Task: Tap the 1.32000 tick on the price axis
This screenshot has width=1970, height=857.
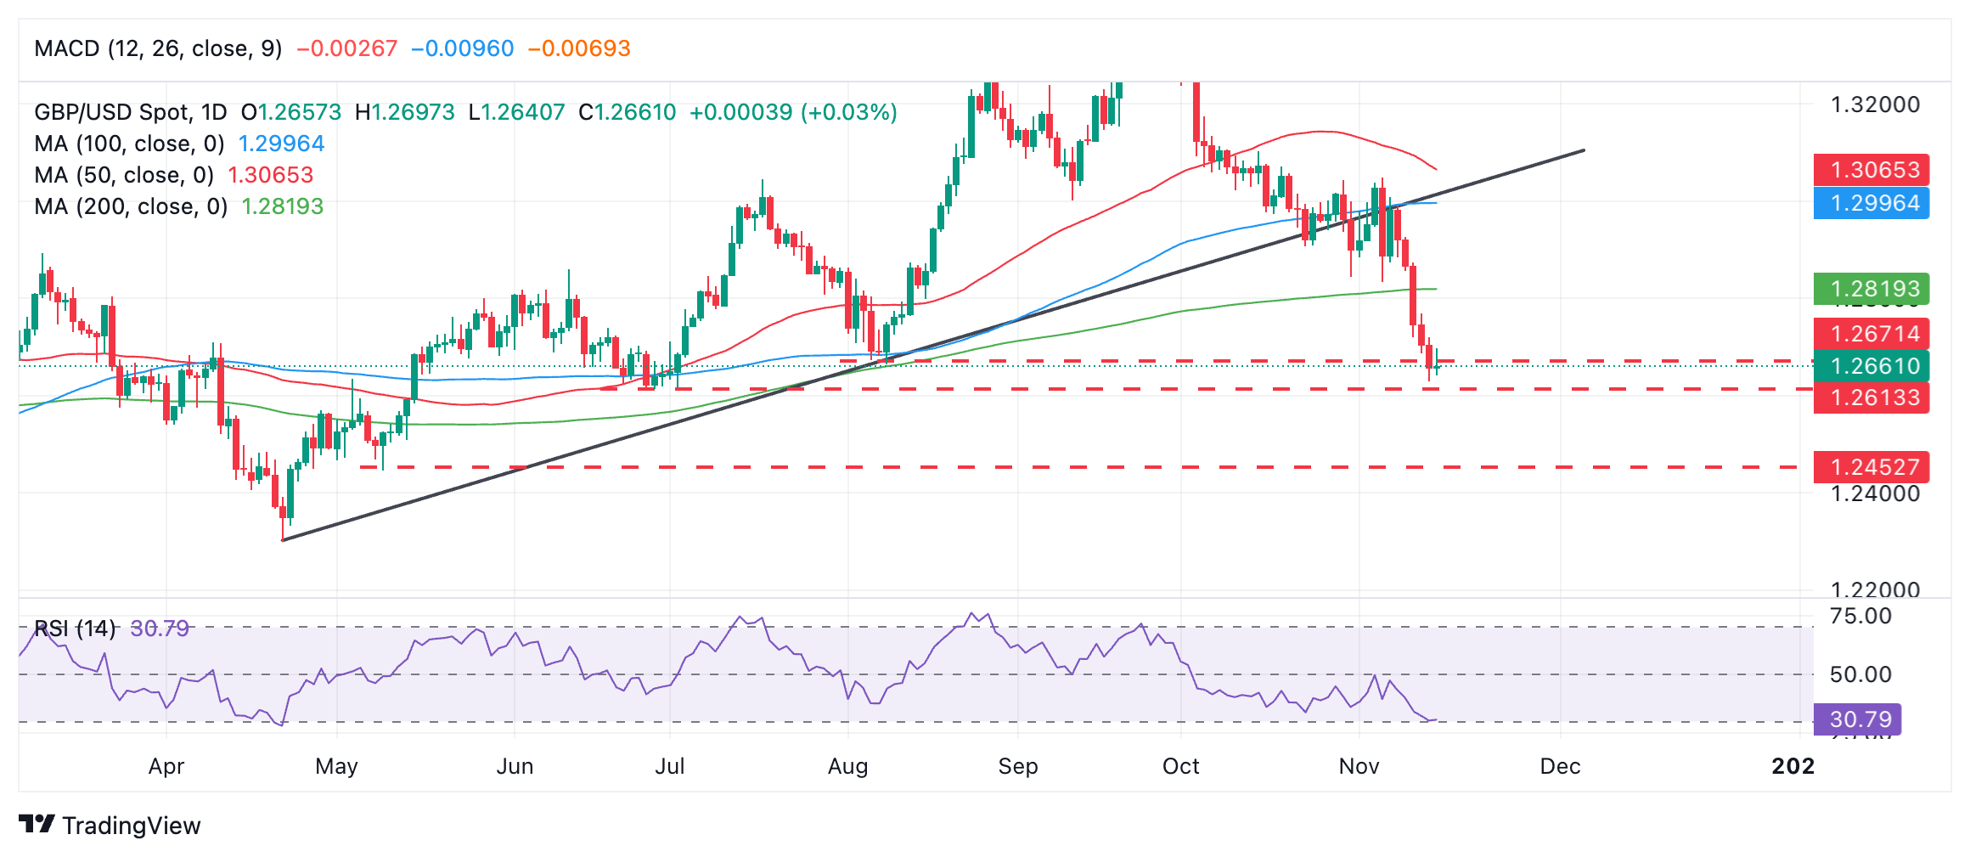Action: [x=1875, y=104]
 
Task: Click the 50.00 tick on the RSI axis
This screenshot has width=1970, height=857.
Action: [x=1860, y=674]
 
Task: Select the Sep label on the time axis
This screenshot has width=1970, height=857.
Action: [x=1017, y=766]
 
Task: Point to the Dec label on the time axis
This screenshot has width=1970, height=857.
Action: [x=1560, y=766]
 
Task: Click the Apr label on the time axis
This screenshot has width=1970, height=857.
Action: [x=166, y=766]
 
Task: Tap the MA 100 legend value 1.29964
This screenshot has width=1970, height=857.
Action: [x=281, y=144]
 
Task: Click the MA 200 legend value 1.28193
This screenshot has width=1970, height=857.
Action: [x=283, y=206]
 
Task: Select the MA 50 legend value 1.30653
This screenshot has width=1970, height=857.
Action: [x=271, y=175]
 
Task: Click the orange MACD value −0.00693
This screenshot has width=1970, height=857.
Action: [x=579, y=48]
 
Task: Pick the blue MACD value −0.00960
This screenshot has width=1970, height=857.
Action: [x=463, y=48]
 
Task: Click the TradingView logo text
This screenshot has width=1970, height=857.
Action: [x=131, y=826]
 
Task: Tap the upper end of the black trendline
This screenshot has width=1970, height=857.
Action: [x=1584, y=150]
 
